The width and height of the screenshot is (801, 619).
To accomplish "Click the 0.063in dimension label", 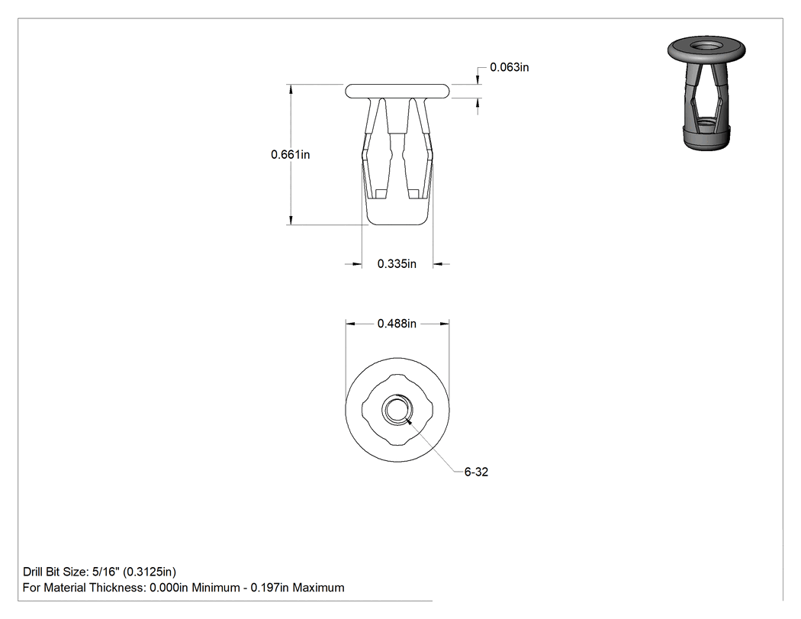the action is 510,67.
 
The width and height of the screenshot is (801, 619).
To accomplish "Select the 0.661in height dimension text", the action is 290,154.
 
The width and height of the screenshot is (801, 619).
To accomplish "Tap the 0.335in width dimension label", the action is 397,264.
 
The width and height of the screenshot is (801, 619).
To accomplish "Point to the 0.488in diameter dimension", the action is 397,324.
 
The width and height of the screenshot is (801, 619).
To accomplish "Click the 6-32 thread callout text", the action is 476,472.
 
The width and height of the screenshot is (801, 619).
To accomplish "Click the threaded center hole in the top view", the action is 397,410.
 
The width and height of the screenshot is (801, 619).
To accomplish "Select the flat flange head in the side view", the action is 397,91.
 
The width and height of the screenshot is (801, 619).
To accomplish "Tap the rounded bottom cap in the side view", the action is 397,211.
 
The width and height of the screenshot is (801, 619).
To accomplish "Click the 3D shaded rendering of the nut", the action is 706,92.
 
